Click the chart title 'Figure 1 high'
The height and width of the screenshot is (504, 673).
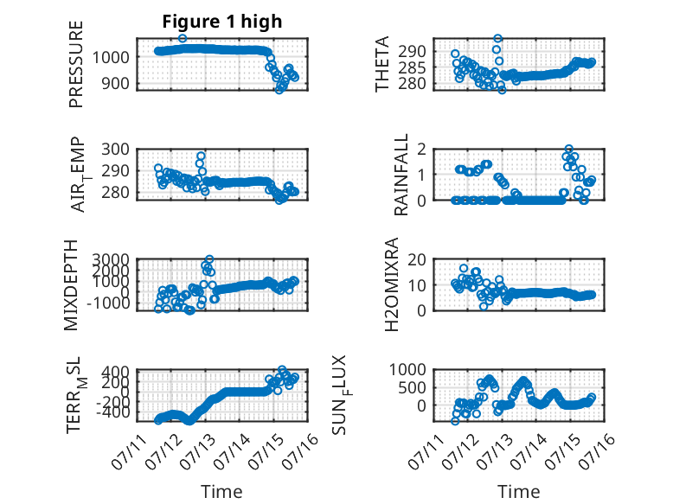(222, 22)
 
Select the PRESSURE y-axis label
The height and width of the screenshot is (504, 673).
(75, 64)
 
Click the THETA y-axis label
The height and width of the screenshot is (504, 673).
(382, 64)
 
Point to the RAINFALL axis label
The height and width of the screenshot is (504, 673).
(401, 175)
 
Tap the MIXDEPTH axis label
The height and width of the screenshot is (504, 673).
(71, 285)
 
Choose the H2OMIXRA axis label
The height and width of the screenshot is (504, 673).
(392, 284)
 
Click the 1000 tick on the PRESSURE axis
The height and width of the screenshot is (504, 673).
(111, 57)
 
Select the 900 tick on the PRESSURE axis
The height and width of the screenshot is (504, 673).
(115, 83)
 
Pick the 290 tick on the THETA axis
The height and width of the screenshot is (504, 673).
(412, 52)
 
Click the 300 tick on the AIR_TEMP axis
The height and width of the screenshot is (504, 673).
(115, 150)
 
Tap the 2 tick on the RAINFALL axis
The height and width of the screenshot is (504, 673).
(422, 150)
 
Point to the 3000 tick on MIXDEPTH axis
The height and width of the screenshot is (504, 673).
(111, 259)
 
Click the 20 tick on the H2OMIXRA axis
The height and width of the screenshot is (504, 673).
(417, 259)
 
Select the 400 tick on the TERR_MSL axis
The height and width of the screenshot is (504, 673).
(115, 371)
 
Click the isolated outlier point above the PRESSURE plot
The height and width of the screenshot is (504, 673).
(183, 38)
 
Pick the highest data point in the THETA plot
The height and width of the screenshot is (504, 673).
(498, 38)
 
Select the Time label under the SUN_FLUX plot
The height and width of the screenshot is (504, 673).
(518, 492)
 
